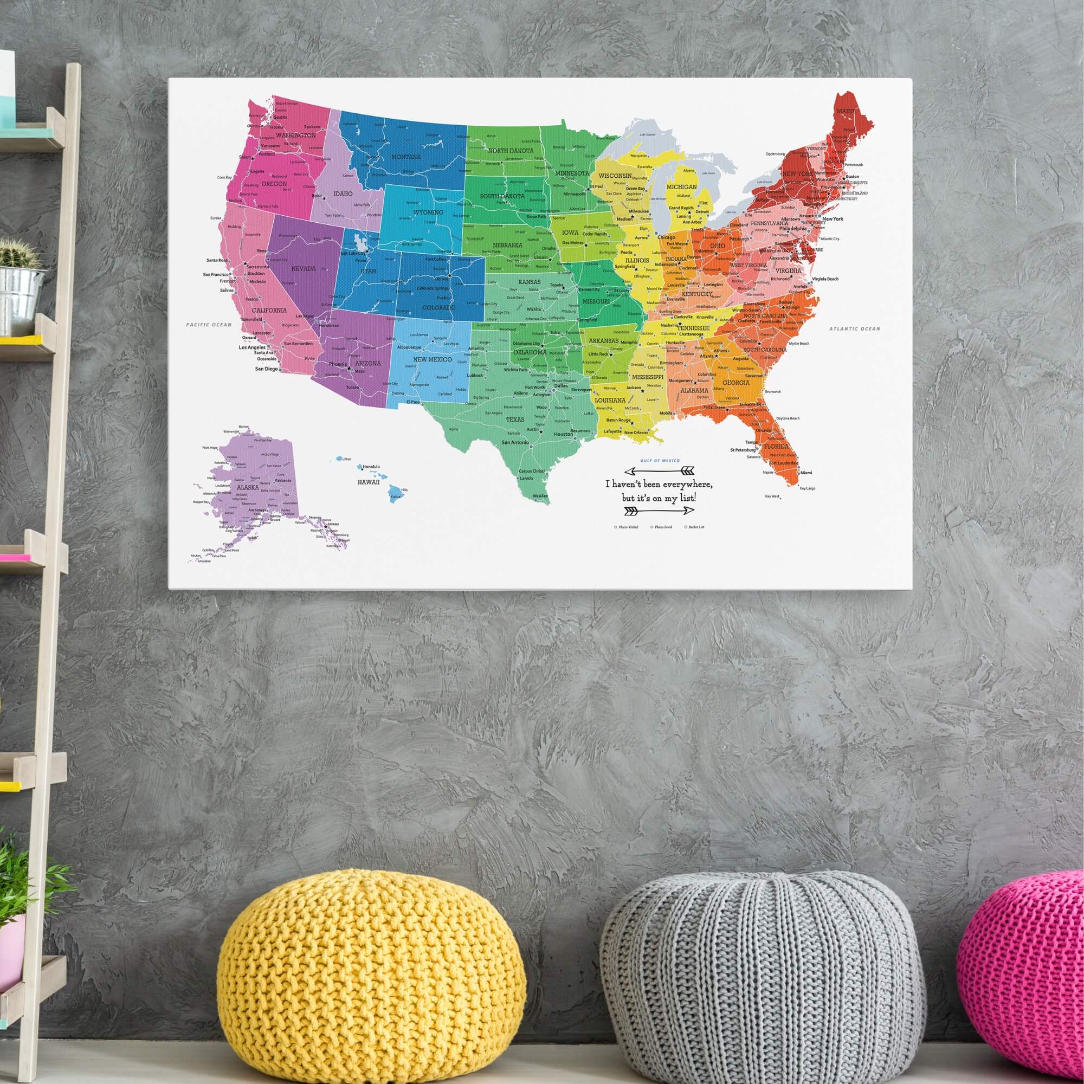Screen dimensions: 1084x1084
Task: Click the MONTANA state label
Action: point(405,157)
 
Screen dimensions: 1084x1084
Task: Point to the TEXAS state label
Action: point(514,419)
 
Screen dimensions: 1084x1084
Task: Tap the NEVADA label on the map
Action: point(303,269)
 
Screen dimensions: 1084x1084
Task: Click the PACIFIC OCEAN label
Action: point(209,324)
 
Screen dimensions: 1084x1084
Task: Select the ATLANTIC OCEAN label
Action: point(855,329)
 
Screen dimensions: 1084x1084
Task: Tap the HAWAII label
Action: point(369,482)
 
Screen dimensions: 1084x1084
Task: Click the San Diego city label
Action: point(267,369)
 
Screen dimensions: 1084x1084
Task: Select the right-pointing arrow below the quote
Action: point(659,511)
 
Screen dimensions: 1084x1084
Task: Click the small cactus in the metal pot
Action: point(20,254)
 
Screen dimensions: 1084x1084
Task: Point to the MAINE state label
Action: point(846,111)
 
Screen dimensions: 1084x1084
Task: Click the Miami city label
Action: point(806,473)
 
